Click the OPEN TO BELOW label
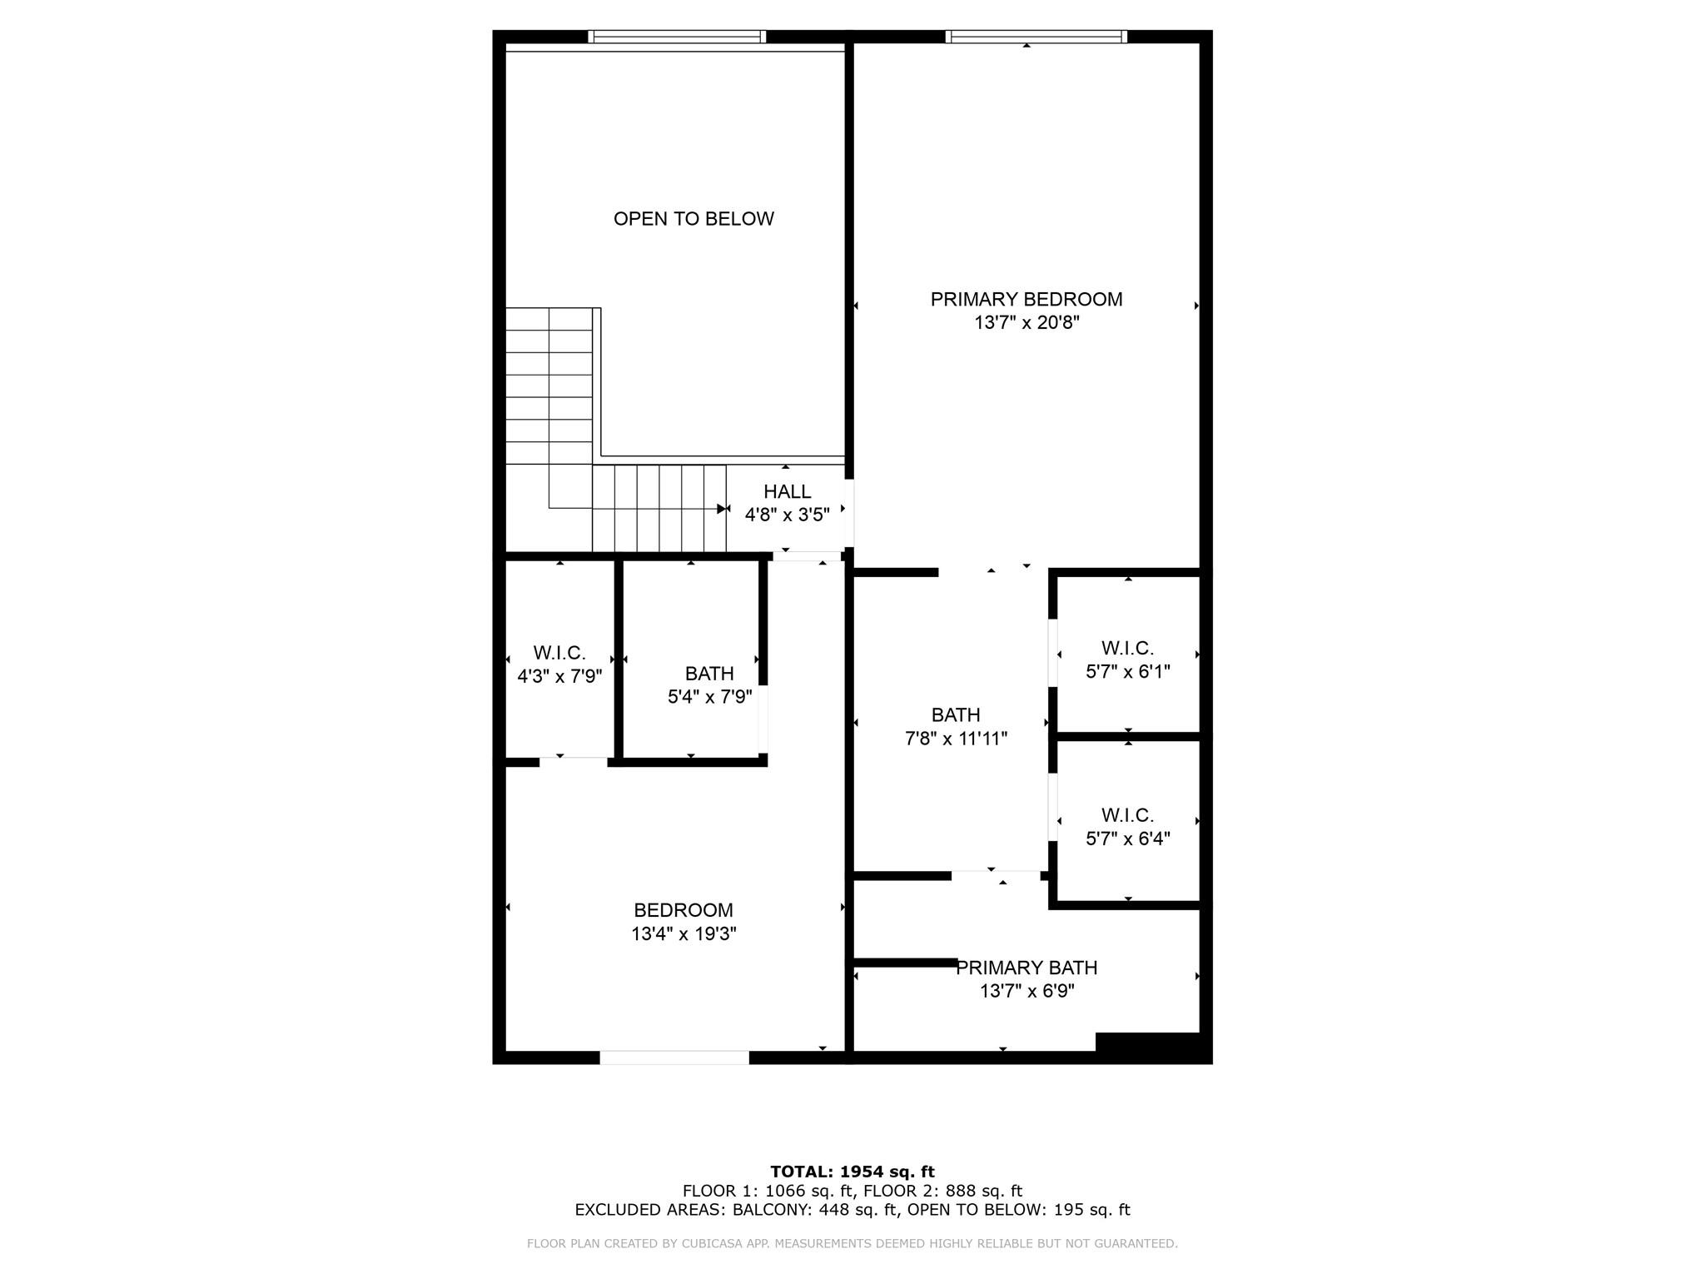[693, 219]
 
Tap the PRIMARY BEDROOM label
[1026, 299]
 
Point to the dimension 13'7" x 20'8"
[1026, 322]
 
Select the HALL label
[787, 491]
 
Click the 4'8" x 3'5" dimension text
[787, 515]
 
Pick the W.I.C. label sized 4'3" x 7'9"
[559, 653]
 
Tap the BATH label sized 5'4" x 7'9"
[709, 674]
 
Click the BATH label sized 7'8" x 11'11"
[956, 715]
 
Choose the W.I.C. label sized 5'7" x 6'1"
[1127, 648]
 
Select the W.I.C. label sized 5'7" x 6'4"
[1127, 815]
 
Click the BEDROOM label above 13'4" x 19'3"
[683, 911]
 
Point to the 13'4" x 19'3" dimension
[683, 934]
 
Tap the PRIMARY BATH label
[1026, 968]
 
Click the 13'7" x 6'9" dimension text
[1026, 991]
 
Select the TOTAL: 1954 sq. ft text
[852, 1172]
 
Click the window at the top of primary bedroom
[1036, 37]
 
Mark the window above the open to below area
[677, 37]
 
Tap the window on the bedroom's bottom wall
[674, 1058]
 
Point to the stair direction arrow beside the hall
[723, 509]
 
